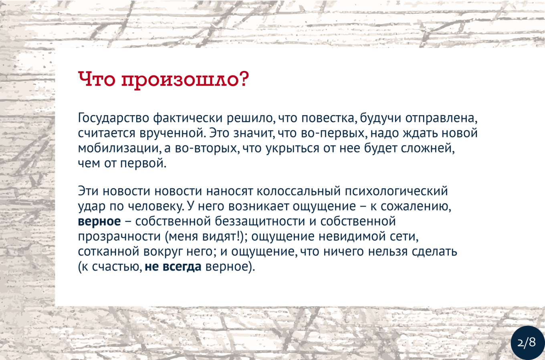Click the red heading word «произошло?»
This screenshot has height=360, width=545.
[x=185, y=80]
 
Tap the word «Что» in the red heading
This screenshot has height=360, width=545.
[x=97, y=79]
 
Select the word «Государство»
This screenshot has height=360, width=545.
[x=114, y=118]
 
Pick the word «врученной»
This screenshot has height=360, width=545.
[x=172, y=133]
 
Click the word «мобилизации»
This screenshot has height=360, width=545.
[x=118, y=148]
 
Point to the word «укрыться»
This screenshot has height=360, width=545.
[x=293, y=148]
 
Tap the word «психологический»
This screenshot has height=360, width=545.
[x=396, y=191]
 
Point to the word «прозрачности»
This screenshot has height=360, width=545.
[x=119, y=237]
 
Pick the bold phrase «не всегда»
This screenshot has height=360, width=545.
[x=173, y=267]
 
